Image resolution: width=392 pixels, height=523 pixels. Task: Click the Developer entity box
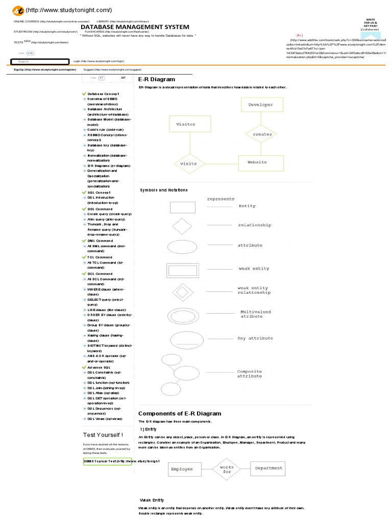click(261, 105)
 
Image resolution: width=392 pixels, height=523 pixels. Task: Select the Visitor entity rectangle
click(186, 124)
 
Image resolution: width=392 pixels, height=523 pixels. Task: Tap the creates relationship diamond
click(262, 134)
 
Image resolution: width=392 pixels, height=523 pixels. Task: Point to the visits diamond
click(188, 163)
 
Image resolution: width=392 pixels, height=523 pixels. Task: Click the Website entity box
click(257, 162)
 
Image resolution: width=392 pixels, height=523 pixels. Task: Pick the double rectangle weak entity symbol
click(182, 269)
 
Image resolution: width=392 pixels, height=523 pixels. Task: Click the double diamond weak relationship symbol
click(182, 292)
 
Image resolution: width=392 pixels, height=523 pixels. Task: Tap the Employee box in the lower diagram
click(182, 468)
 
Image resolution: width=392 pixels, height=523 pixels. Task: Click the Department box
click(268, 468)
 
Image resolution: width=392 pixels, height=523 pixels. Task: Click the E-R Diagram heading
click(157, 80)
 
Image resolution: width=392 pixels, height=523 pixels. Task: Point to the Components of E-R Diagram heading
click(180, 413)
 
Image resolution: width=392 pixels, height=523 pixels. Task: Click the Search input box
click(40, 61)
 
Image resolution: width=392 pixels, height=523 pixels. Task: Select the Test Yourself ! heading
click(103, 435)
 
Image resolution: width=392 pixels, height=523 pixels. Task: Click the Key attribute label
click(255, 338)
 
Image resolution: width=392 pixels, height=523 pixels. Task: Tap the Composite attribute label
click(250, 374)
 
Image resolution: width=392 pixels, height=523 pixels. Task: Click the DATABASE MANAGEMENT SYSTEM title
click(135, 27)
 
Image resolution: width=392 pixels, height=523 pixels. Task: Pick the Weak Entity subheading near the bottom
click(152, 500)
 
